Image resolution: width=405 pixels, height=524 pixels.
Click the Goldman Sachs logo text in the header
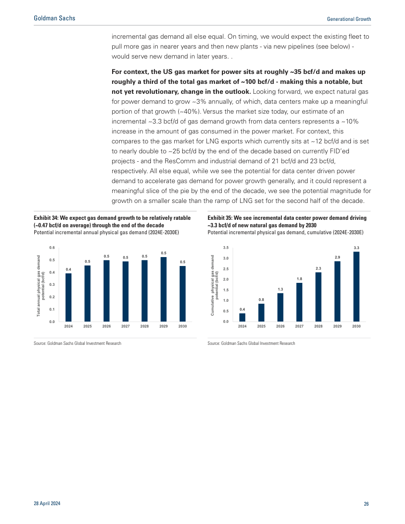(x=55, y=18)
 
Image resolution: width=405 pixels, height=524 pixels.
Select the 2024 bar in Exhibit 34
(x=68, y=297)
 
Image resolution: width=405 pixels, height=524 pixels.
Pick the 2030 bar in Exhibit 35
(x=356, y=287)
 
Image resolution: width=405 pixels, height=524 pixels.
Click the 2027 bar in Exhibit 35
(x=299, y=302)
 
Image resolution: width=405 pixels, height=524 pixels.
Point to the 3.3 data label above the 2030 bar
(x=356, y=247)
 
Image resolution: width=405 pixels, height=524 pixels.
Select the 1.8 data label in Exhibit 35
(x=299, y=279)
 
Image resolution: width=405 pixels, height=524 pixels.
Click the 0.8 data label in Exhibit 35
(x=261, y=300)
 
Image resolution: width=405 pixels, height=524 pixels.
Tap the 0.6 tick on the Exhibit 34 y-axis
(x=52, y=247)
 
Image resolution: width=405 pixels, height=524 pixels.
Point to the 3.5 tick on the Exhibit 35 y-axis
(x=225, y=247)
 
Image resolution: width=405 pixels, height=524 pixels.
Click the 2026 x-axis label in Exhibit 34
(x=107, y=327)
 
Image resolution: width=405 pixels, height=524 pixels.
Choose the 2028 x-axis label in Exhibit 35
(x=318, y=327)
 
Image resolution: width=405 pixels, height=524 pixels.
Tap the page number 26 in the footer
(x=366, y=504)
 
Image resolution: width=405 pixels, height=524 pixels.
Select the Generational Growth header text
(x=349, y=19)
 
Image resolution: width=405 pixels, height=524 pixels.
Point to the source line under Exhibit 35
(x=251, y=343)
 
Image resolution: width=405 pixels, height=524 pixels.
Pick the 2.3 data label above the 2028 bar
(x=318, y=268)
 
